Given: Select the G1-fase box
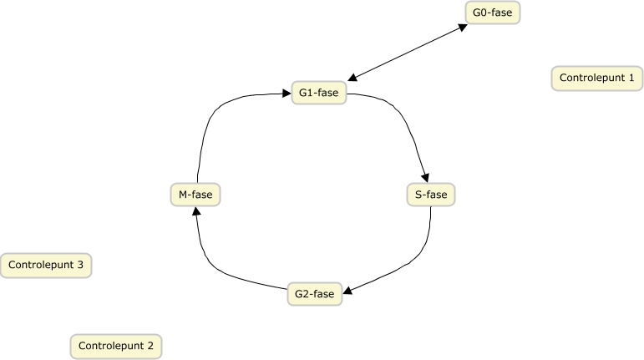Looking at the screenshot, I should point(318,93).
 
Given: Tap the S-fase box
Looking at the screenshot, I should point(431,195).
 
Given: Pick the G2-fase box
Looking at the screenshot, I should point(314,294).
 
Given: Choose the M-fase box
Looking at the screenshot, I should point(195,195).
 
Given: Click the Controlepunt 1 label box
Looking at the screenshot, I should point(597,79).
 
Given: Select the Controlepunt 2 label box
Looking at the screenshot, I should point(116,345).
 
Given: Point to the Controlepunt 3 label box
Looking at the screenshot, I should point(46,266).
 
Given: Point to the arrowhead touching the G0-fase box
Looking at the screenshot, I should point(462,28).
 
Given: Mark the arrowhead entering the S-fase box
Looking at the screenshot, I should point(426,178).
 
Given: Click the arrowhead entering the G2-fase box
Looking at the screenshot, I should point(348,292).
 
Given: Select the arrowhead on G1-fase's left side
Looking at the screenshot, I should point(286,94).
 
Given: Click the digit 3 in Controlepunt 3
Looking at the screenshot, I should point(79,266).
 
